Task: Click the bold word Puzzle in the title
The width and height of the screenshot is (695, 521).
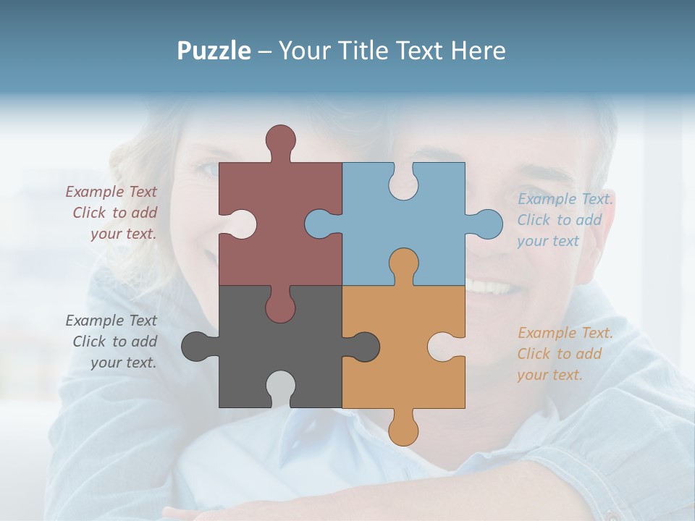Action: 214,51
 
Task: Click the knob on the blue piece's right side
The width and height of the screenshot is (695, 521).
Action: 486,224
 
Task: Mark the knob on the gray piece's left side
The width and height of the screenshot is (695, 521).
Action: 196,346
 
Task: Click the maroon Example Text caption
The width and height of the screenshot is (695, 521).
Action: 112,213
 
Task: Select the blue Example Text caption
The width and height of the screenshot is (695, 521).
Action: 565,220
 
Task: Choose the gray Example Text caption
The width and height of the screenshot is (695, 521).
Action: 112,342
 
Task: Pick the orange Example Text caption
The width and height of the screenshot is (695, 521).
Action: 565,354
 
